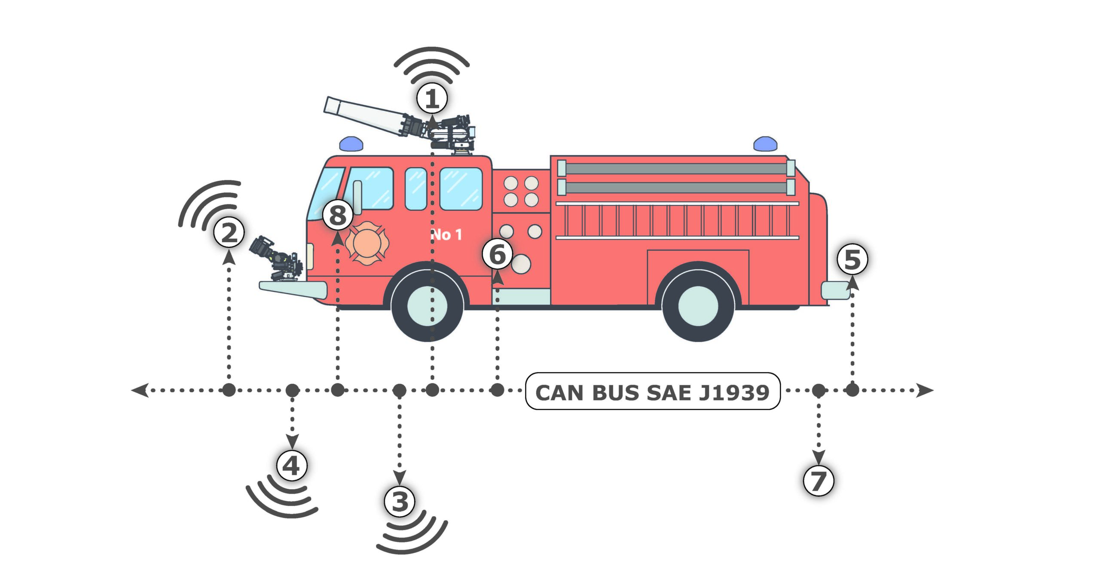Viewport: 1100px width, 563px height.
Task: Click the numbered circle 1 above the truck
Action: tap(432, 99)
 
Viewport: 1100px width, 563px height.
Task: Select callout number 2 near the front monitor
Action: tap(229, 233)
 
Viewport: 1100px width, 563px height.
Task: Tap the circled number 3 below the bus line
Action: tap(400, 501)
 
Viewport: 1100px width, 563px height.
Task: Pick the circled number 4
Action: tap(292, 465)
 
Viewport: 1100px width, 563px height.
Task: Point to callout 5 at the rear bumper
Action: tap(852, 260)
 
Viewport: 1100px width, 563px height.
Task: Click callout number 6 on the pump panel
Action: tap(498, 254)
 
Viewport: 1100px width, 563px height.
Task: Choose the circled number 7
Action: tap(819, 481)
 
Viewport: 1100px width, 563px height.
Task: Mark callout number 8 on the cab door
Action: tap(338, 215)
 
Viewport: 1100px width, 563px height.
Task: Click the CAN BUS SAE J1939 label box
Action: tap(652, 392)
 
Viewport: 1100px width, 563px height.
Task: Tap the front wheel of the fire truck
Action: tap(428, 306)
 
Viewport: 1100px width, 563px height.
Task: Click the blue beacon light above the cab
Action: tap(351, 144)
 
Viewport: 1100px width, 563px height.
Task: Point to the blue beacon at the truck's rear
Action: tap(765, 144)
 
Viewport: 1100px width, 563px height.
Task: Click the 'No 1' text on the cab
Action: tap(446, 234)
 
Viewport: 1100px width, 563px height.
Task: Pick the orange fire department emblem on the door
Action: tap(367, 243)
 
